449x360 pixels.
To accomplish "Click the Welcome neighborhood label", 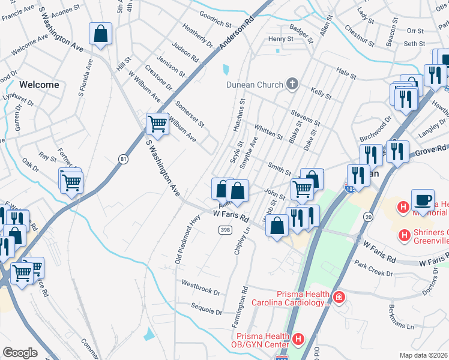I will click(39, 85).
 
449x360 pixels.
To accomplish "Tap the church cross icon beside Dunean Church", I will click(292, 84).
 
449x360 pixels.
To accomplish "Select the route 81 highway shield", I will click(123, 158).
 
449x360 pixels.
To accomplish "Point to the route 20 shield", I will click(368, 216).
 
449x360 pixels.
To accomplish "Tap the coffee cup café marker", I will click(423, 200).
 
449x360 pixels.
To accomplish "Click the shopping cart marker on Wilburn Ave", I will click(157, 124).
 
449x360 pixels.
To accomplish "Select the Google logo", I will click(20, 353).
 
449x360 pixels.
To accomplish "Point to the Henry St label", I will click(280, 39).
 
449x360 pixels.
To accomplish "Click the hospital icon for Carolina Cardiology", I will click(339, 298).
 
